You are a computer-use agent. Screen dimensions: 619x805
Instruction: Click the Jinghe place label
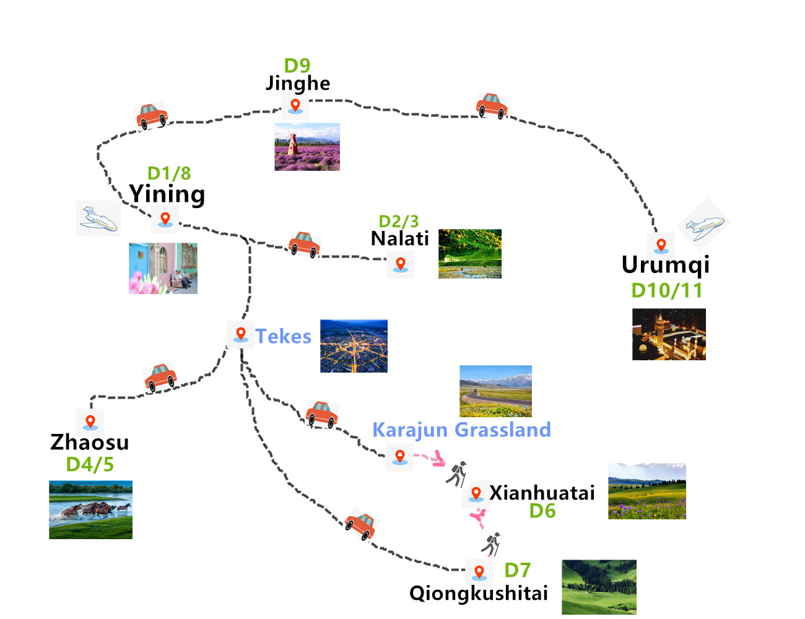tap(298, 83)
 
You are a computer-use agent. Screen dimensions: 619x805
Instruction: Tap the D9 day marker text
tap(297, 65)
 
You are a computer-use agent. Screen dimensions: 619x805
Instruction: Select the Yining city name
tap(167, 194)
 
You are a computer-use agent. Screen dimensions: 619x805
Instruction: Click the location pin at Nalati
tap(401, 264)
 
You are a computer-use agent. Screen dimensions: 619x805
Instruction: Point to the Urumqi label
tap(666, 265)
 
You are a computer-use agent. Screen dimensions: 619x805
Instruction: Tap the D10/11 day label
tap(667, 290)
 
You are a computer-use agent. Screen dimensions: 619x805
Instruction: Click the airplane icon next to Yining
tap(98, 219)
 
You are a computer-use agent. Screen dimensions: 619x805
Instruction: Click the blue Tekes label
tap(283, 336)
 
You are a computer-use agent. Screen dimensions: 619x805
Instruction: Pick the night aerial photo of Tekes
tap(354, 346)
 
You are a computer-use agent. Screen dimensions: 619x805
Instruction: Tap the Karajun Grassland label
tap(461, 430)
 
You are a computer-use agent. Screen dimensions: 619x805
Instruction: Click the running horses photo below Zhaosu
tap(90, 509)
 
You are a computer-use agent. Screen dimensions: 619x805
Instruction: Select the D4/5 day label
tap(90, 464)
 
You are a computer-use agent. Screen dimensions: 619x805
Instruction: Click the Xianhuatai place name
tap(542, 493)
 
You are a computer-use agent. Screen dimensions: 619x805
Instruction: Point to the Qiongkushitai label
tap(479, 593)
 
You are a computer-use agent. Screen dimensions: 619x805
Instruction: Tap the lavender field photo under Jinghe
tap(307, 147)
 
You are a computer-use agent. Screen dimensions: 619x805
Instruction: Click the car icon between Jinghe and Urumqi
tap(492, 105)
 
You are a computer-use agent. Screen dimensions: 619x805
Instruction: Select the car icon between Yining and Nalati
tap(304, 245)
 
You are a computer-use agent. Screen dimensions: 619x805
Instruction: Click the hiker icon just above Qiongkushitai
tap(492, 545)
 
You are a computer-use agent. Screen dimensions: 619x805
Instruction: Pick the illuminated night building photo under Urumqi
tap(669, 334)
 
